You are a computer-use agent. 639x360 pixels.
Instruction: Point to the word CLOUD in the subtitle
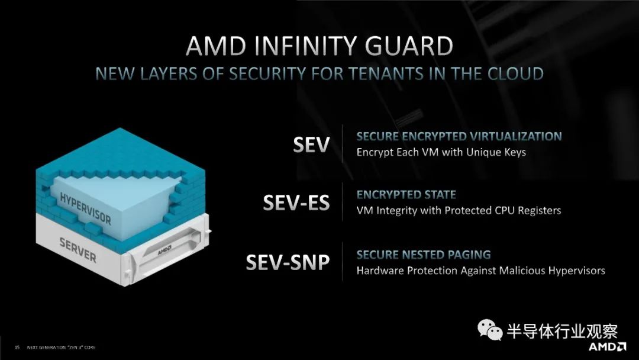[x=515, y=74]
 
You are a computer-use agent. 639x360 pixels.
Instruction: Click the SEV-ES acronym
[x=296, y=202]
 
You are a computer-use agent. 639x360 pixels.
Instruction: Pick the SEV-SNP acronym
[x=288, y=262]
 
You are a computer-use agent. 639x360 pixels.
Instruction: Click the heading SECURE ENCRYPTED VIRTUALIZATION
[x=459, y=136]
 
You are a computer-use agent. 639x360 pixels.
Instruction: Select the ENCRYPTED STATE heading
[x=406, y=195]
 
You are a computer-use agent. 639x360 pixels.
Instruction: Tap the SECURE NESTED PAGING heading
[x=424, y=255]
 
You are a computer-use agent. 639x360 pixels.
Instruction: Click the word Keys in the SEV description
[x=515, y=153]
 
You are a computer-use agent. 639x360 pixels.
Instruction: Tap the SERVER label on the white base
[x=78, y=250]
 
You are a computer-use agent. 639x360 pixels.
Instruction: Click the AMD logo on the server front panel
[x=164, y=250]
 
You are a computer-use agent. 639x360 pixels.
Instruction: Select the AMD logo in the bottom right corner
[x=607, y=346]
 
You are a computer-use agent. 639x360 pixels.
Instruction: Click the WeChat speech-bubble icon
[x=489, y=329]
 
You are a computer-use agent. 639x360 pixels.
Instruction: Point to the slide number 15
[x=17, y=348]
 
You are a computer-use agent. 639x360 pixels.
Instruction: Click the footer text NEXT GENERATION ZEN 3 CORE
[x=61, y=348]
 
